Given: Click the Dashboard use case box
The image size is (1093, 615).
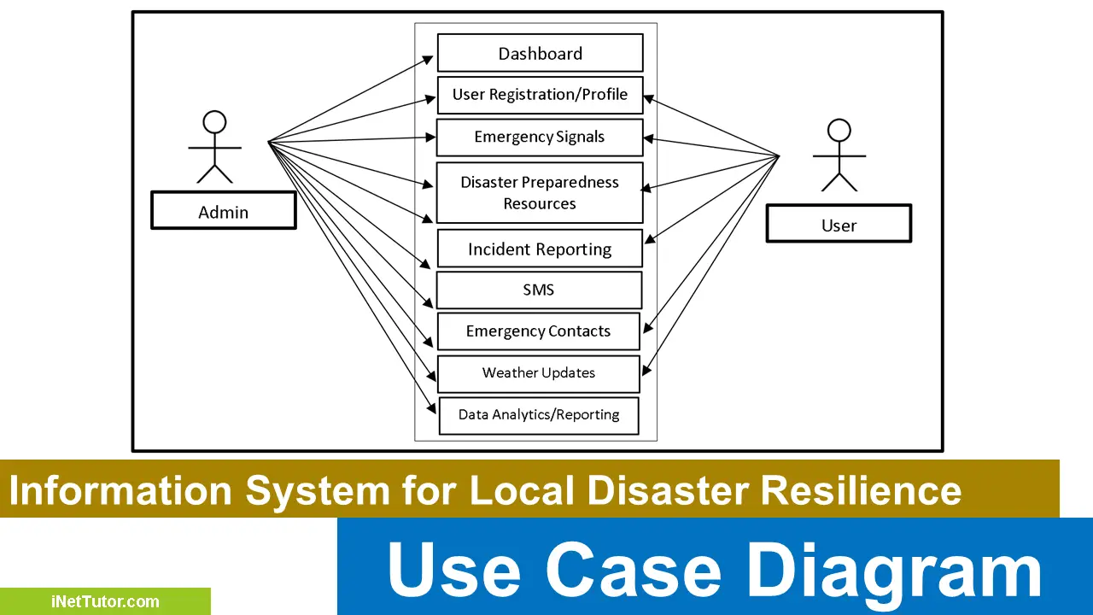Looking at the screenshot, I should click(540, 53).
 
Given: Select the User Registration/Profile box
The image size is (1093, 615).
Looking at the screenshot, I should click(540, 95).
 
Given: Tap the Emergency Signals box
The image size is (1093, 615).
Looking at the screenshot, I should click(540, 138).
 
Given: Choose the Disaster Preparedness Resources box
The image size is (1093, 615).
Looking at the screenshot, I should click(540, 193).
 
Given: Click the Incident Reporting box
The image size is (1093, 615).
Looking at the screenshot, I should click(540, 249).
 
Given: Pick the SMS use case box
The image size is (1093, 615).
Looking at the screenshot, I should click(539, 290).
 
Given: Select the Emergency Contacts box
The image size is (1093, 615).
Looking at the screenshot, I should click(538, 331).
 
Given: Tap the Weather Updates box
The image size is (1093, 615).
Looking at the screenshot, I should click(538, 373).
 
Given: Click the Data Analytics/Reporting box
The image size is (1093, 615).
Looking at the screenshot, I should click(538, 415).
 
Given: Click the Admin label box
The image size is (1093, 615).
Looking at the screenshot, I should click(224, 211).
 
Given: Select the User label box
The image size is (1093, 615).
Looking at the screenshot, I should click(839, 225).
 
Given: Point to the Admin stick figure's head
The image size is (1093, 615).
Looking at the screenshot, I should click(214, 122).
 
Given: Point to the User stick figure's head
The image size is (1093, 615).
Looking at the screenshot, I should click(839, 131).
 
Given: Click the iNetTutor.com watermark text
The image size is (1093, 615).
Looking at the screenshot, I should click(104, 601).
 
